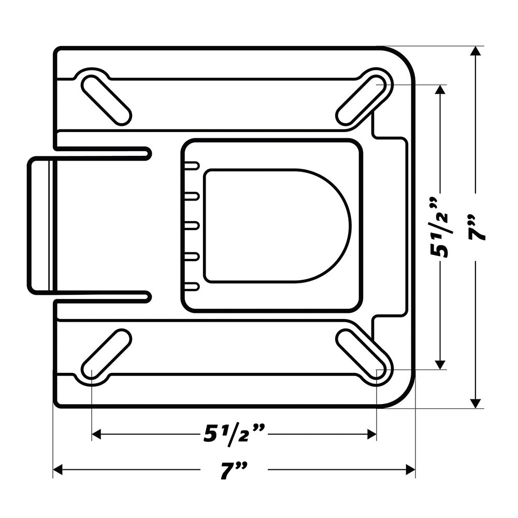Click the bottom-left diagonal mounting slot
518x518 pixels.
(106, 354)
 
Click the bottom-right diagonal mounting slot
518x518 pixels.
(362, 354)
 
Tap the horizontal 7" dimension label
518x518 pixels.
(233, 470)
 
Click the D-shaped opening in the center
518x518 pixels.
(275, 226)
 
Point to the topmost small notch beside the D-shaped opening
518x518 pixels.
(192, 166)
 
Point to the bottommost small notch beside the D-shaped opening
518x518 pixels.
(192, 286)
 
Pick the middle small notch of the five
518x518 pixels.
(192, 226)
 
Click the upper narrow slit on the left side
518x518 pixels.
(104, 153)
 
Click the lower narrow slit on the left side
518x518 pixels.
(104, 297)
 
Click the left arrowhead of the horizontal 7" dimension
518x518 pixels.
(57, 470)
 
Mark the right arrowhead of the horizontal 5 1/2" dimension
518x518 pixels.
(372, 434)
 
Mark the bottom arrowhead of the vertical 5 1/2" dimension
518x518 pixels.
(440, 365)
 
